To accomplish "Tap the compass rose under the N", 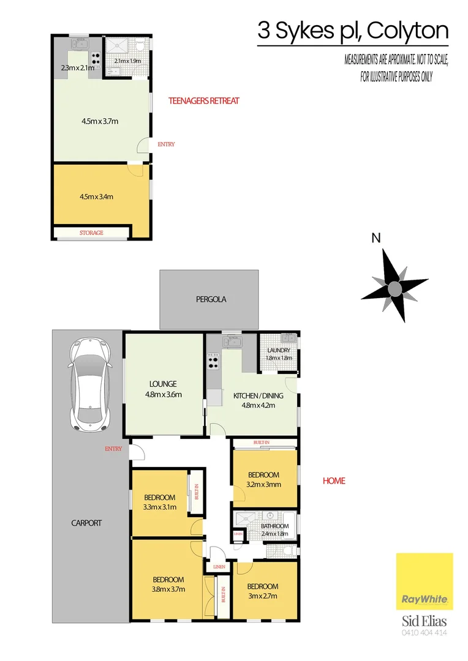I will click(394, 286).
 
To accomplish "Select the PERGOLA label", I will click(211, 299).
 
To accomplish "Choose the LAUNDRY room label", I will click(278, 351).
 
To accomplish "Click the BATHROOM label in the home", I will click(274, 526).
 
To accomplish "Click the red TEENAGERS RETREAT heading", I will click(204, 101).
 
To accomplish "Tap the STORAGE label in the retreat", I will click(91, 233).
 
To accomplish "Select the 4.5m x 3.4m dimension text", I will click(97, 197).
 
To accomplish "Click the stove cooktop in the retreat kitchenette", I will click(96, 59).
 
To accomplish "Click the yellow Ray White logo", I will click(425, 581).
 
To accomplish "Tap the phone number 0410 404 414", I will click(424, 632).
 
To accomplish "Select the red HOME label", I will click(334, 480).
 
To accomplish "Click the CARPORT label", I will click(86, 523).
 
